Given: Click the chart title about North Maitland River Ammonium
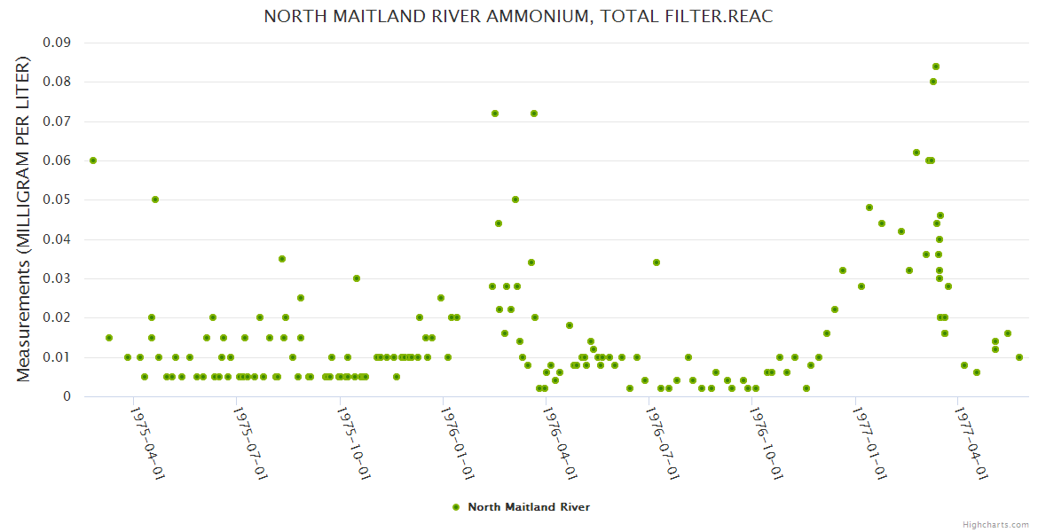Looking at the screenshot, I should [x=518, y=17].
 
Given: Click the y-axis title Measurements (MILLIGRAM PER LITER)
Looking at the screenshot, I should [x=24, y=219].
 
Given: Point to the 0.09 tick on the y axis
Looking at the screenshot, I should [x=58, y=43].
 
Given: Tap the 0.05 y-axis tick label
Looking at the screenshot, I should [x=58, y=200].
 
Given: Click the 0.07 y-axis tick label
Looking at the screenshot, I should [x=58, y=121].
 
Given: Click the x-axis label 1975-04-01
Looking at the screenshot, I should [x=147, y=442].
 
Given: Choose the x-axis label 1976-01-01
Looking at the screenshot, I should [x=457, y=442].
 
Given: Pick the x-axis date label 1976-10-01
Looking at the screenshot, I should [x=766, y=442].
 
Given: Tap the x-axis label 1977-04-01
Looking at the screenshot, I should [x=971, y=442].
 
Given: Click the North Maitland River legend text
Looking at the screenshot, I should [x=529, y=507].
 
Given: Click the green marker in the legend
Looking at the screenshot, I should [x=456, y=507].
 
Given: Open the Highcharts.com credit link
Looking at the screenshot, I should [x=995, y=524].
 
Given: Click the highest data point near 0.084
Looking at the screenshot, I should [x=935, y=66].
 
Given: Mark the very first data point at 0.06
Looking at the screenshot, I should [x=93, y=160].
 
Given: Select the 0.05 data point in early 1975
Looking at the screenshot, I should [x=155, y=199].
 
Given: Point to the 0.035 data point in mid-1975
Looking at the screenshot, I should [x=282, y=259].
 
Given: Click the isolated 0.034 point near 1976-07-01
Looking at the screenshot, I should [x=657, y=262].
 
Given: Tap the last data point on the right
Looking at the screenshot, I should [x=1019, y=357].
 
